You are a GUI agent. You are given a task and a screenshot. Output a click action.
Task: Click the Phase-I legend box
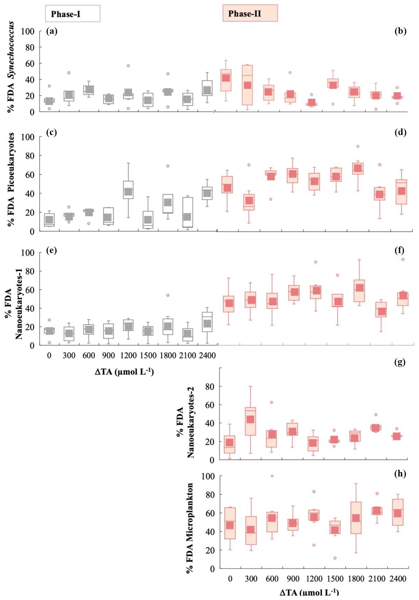(73, 14)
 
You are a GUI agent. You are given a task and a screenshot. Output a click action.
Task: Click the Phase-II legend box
(250, 14)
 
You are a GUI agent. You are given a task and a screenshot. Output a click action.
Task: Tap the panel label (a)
(52, 31)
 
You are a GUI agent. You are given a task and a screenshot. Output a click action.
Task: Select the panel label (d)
(400, 132)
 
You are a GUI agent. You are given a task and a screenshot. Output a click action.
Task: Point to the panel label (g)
(400, 362)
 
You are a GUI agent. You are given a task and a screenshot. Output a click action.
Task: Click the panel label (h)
(400, 474)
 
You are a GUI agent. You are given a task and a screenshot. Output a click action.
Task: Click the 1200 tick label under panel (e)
(128, 356)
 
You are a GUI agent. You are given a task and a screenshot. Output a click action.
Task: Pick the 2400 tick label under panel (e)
(207, 356)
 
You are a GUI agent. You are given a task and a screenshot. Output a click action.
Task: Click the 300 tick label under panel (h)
(251, 579)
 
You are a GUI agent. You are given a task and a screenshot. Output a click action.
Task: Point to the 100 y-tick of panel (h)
(208, 476)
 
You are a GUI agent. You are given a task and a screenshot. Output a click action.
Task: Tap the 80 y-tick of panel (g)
(210, 387)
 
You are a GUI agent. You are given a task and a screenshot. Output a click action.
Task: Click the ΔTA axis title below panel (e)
(124, 372)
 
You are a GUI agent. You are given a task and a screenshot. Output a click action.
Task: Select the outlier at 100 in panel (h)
(272, 476)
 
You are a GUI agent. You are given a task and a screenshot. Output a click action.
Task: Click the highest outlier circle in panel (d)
(358, 146)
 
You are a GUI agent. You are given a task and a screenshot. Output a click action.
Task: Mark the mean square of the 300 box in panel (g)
(250, 419)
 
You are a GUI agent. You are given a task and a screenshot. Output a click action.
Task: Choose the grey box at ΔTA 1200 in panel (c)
(128, 190)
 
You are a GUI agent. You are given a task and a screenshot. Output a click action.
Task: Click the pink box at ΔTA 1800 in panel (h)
(356, 518)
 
